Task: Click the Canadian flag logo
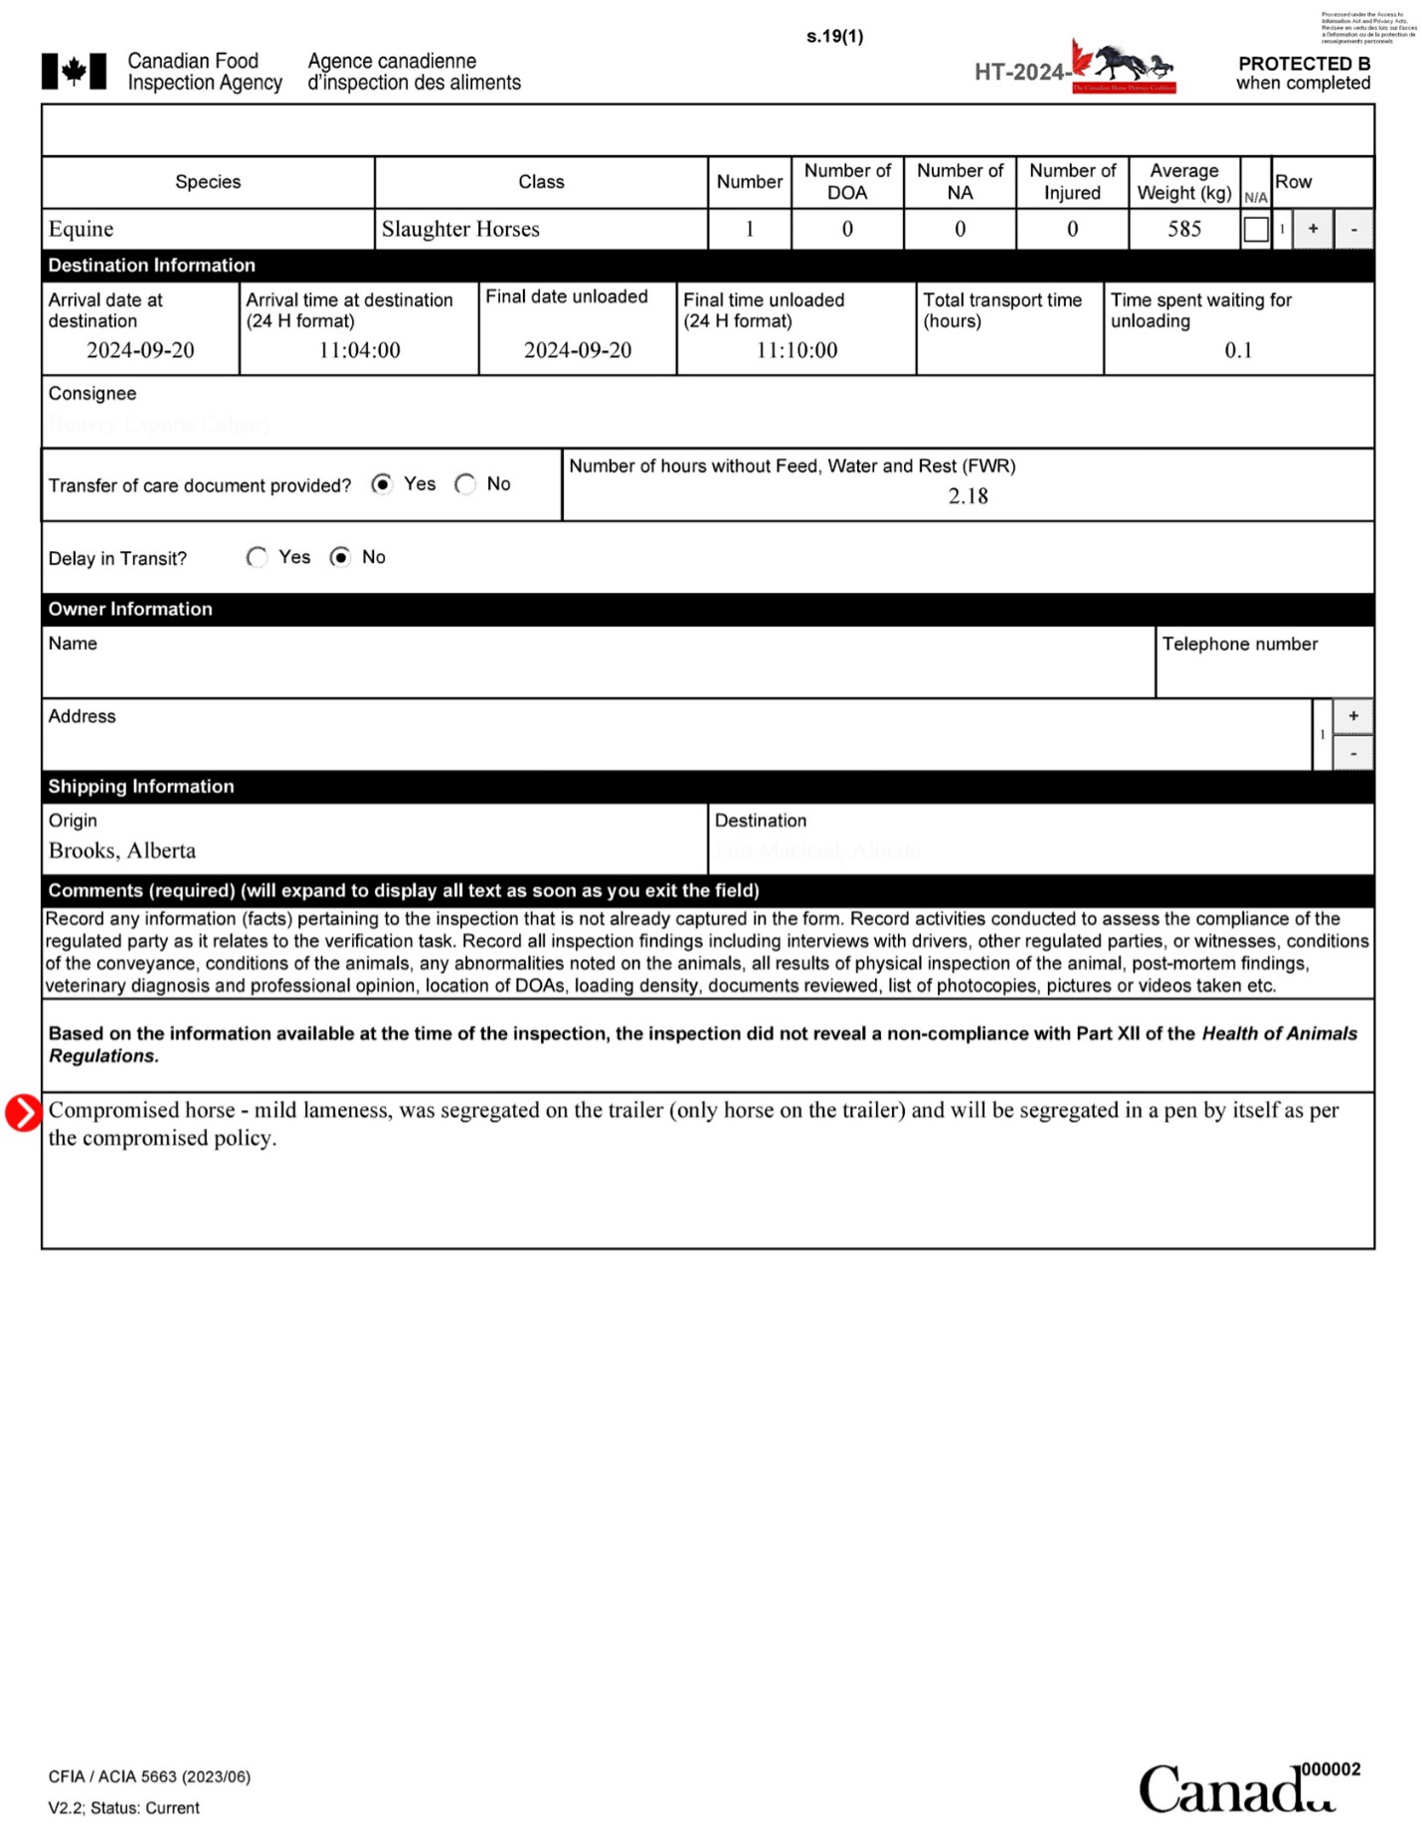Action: point(74,72)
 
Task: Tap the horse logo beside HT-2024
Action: point(1125,68)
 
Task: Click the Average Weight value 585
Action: point(1183,229)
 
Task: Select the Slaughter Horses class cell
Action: point(460,229)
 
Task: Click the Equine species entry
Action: point(82,229)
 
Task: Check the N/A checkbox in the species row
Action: point(1256,230)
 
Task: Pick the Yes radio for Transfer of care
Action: point(382,484)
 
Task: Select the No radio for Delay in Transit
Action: point(341,557)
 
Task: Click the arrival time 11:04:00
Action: point(359,350)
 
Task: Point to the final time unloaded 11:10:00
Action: point(797,350)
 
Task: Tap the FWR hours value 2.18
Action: point(968,496)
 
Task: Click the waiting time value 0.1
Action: point(1238,350)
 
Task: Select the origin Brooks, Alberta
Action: point(122,850)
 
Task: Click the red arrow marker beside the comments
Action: point(23,1113)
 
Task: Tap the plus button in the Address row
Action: point(1352,716)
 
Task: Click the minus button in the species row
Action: point(1352,230)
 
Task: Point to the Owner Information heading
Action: point(130,609)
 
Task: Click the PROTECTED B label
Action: point(1303,64)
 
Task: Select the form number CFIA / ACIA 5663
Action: point(149,1776)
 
